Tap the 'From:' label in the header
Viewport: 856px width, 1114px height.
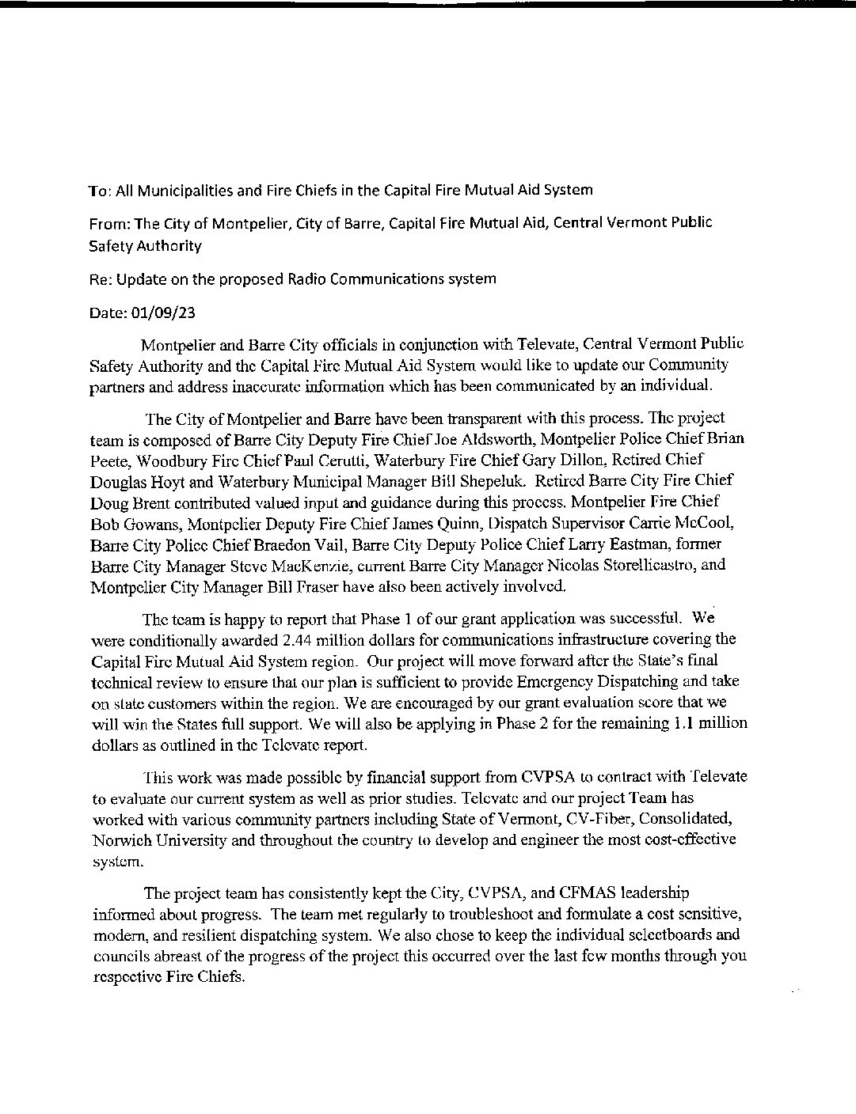(108, 223)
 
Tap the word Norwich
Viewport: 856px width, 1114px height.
(120, 819)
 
